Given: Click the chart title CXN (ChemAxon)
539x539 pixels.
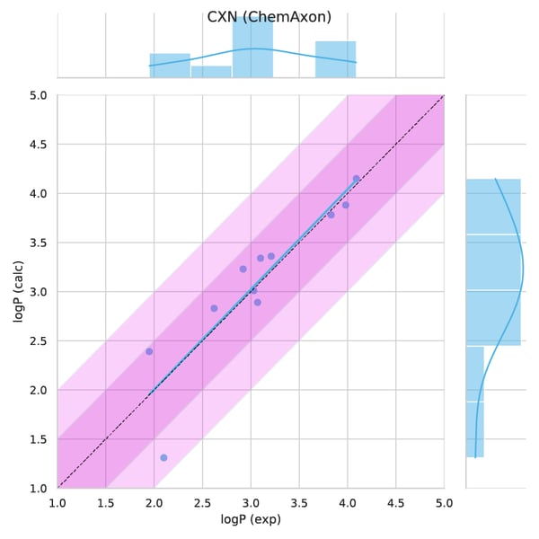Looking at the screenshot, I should click(x=269, y=17).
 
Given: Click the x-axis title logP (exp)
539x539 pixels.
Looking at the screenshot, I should click(x=251, y=520).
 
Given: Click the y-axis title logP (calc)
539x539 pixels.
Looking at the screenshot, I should click(x=18, y=292).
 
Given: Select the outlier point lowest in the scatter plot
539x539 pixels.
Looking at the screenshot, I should click(x=163, y=457).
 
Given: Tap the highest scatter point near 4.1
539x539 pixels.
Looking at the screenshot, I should click(x=356, y=179).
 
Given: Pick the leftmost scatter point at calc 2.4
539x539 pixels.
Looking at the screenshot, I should click(x=149, y=351).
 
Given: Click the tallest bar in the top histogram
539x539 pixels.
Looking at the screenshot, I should click(x=252, y=49).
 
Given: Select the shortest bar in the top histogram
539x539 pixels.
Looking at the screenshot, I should click(x=211, y=72).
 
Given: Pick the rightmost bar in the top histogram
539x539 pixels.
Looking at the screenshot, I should click(x=335, y=59).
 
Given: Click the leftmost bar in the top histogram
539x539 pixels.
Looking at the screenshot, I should click(x=170, y=66).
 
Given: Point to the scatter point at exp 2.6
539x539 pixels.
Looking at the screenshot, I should click(x=214, y=308).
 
